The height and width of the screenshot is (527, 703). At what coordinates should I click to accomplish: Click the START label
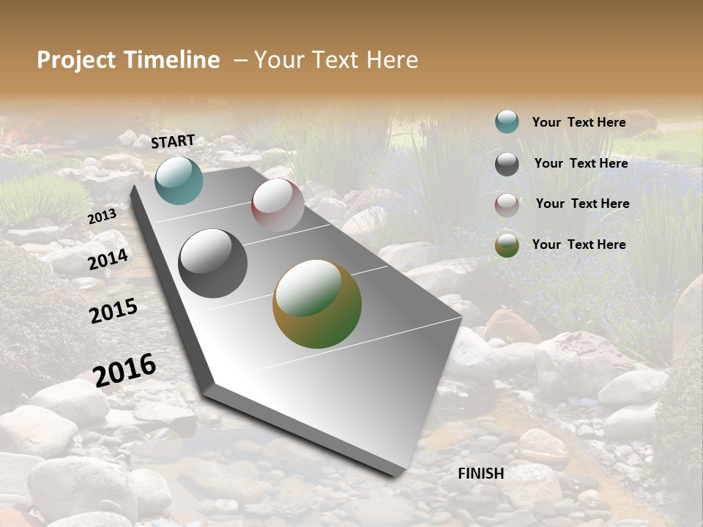click(x=173, y=141)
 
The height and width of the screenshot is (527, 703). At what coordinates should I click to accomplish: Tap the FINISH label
click(x=480, y=474)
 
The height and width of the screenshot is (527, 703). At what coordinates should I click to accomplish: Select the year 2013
click(x=102, y=217)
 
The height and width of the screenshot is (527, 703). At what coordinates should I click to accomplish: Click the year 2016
click(x=124, y=370)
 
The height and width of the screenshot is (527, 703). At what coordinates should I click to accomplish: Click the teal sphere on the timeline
click(x=179, y=180)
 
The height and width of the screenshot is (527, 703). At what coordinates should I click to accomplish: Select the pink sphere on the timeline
click(x=278, y=205)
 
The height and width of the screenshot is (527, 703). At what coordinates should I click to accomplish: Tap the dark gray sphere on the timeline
click(x=213, y=263)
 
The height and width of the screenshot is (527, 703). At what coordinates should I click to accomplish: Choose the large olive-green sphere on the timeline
click(x=317, y=304)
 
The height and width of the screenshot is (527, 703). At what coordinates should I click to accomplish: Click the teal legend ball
click(x=507, y=122)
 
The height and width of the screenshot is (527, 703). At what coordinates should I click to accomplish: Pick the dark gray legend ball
click(x=507, y=164)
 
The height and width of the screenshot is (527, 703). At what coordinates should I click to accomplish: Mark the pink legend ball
click(x=507, y=205)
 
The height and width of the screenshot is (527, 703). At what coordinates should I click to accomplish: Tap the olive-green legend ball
click(x=507, y=245)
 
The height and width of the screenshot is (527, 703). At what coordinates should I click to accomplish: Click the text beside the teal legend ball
click(x=579, y=122)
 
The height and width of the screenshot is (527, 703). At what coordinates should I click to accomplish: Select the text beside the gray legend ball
click(x=581, y=163)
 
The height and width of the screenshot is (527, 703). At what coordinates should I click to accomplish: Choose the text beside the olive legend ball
click(x=579, y=244)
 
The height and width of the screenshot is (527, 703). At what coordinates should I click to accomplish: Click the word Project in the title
click(x=76, y=60)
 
